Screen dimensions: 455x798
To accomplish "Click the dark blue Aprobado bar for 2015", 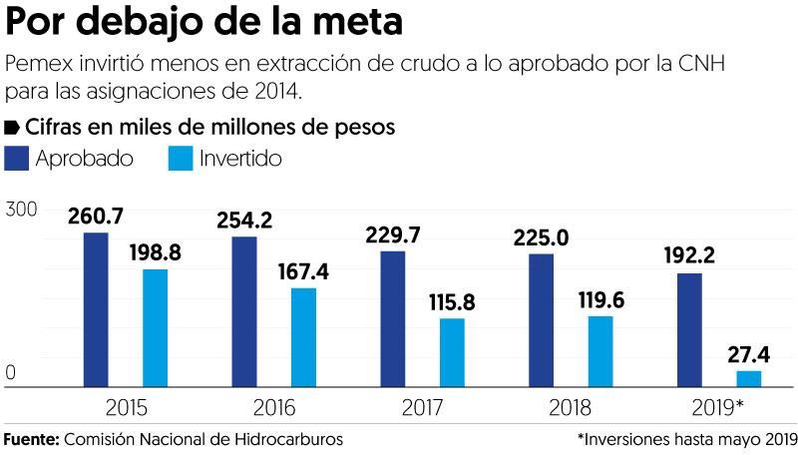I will tap(96, 309).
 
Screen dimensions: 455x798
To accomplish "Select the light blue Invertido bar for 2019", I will tap(749, 378).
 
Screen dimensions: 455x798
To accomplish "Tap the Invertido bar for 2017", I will tap(452, 352).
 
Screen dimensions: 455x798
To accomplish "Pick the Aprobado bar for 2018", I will tap(542, 320).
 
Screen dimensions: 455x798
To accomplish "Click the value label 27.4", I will tap(749, 354).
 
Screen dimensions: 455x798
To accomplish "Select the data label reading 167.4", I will tap(303, 271).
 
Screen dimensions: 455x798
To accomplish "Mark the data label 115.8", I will tap(452, 302).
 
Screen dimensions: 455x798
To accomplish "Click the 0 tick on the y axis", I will tap(11, 373).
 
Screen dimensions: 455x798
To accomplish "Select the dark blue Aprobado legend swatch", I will tap(18, 159).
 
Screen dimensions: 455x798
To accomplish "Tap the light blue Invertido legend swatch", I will tap(182, 159).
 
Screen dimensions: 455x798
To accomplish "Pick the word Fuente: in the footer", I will tap(31, 439).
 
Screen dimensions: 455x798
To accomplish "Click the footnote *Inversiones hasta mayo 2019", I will tap(686, 439).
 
